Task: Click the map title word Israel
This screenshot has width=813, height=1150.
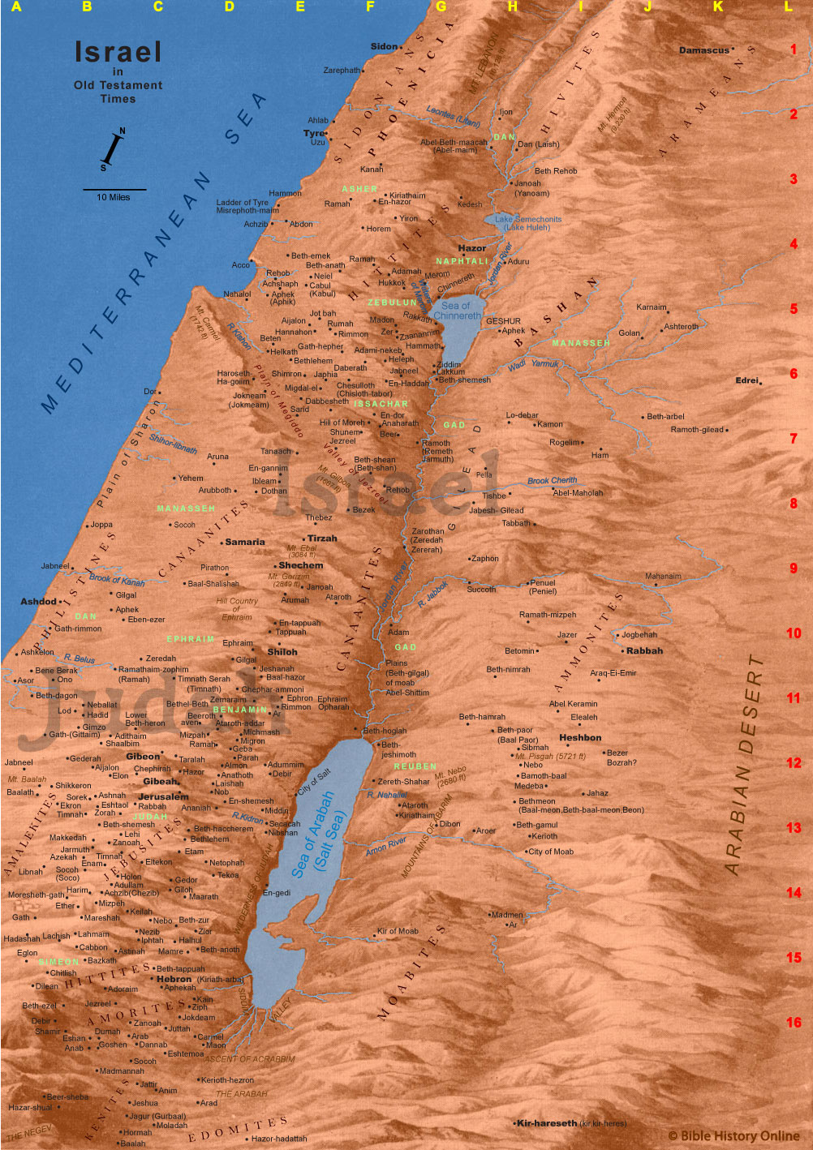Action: click(118, 52)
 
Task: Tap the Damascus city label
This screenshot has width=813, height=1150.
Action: click(703, 50)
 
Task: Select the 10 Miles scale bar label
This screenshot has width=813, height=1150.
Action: click(114, 197)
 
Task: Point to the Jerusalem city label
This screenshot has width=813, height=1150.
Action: click(163, 796)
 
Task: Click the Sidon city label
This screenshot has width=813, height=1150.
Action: click(384, 46)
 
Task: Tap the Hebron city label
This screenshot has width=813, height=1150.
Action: click(174, 979)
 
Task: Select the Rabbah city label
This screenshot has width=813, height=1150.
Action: click(644, 650)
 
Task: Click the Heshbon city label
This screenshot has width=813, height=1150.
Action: click(580, 738)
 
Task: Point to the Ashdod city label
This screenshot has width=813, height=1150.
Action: click(38, 602)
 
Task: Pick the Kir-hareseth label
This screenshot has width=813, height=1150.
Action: click(546, 1123)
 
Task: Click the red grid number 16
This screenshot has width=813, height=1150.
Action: click(794, 1023)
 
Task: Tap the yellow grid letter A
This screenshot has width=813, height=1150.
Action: click(15, 6)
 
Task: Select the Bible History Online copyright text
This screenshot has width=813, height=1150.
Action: click(733, 1136)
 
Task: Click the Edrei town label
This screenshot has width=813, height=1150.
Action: click(746, 380)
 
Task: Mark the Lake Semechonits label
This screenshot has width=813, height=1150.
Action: click(528, 223)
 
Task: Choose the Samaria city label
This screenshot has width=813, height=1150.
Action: click(245, 542)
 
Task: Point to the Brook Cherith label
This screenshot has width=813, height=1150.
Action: click(553, 480)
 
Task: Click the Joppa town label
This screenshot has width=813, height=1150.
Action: click(101, 525)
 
